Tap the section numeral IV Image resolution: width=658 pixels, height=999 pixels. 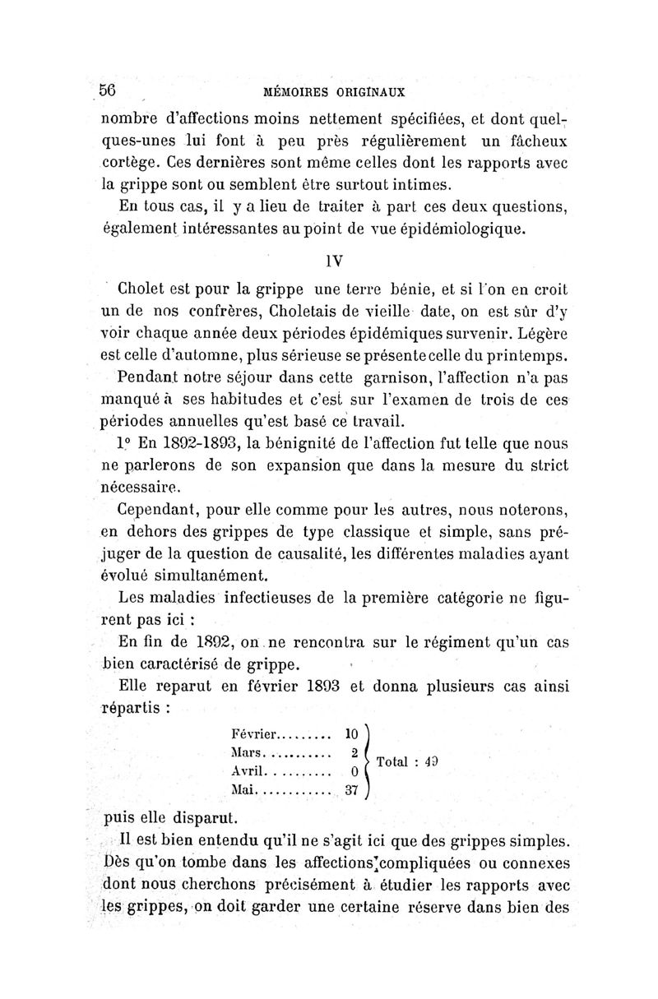click(x=333, y=261)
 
